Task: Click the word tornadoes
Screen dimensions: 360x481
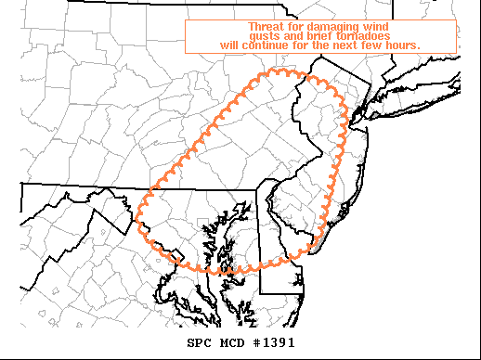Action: [359, 35]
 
